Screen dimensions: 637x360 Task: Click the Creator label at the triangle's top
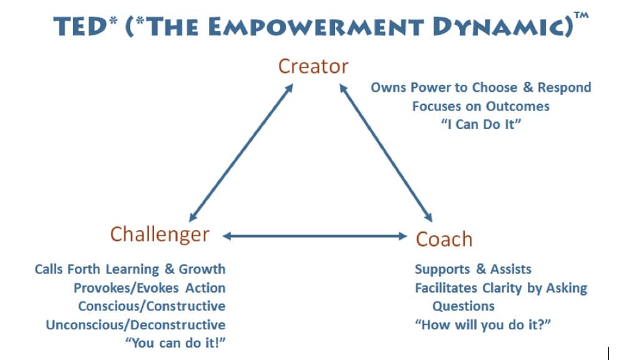[313, 66]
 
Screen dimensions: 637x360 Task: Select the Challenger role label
[160, 235]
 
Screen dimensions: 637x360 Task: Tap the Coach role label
[444, 239]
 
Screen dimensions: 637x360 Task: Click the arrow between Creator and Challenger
[241, 153]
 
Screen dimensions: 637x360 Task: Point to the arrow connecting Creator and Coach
[386, 153]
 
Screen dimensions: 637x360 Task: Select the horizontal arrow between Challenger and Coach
[315, 236]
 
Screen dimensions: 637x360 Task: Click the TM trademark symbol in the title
[581, 16]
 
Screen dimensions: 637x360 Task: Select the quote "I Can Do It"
[481, 124]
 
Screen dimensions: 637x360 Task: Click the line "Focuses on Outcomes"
[480, 106]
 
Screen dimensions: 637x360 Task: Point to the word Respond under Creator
[564, 88]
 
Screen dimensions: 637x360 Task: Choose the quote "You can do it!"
[175, 343]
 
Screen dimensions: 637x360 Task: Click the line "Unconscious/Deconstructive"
[135, 324]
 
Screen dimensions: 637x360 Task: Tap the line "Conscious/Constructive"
[152, 306]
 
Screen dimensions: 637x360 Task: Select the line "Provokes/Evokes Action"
[150, 288]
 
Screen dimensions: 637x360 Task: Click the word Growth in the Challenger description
[202, 270]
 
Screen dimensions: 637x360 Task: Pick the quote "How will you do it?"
[483, 324]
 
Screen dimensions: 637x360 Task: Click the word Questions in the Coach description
[464, 306]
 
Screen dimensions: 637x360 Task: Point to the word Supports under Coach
[442, 270]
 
